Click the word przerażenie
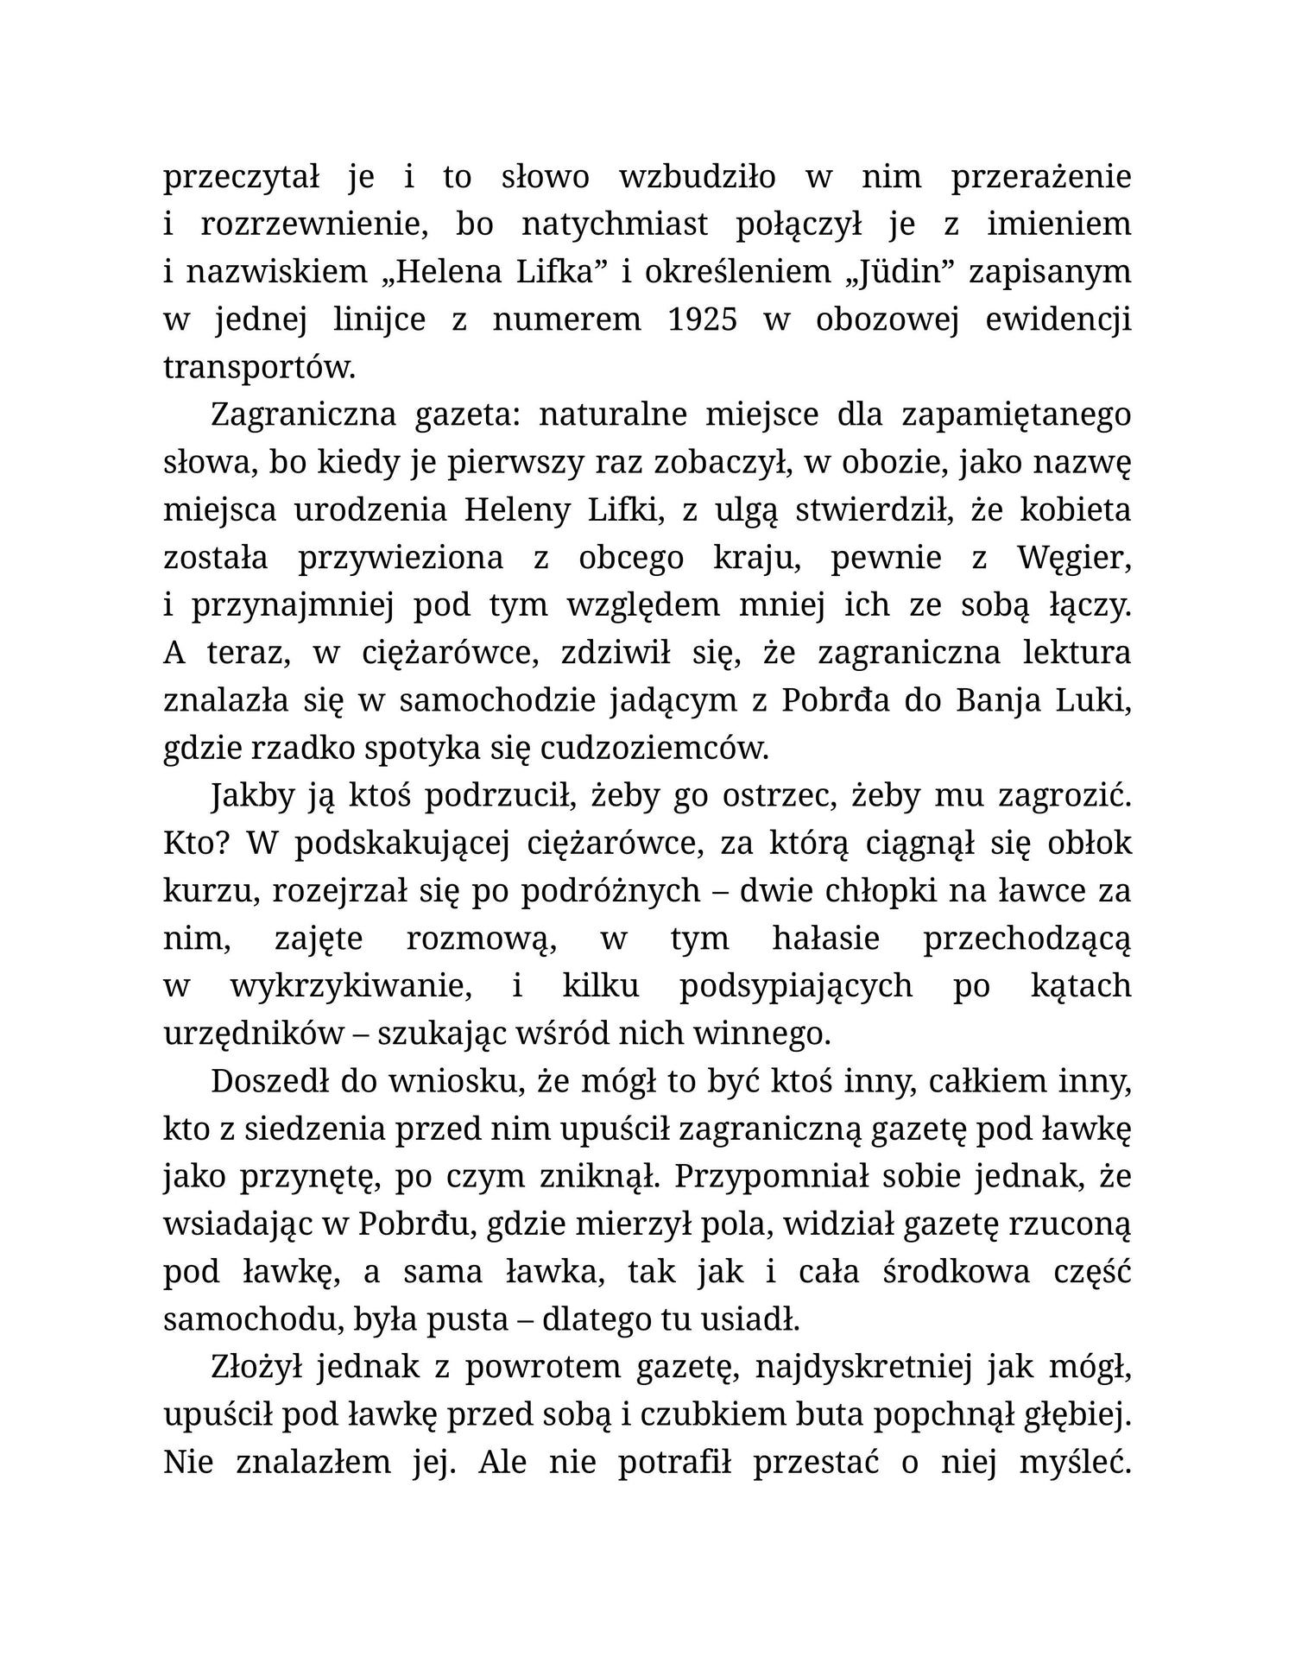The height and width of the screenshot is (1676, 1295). (x=1040, y=178)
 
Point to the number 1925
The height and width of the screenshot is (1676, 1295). (x=703, y=319)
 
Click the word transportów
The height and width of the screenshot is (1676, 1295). (x=259, y=368)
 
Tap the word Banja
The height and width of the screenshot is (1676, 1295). (x=997, y=701)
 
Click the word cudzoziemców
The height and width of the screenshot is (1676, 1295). (x=654, y=749)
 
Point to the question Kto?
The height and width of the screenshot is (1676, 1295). (x=195, y=844)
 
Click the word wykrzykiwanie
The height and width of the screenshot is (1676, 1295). (x=351, y=986)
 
